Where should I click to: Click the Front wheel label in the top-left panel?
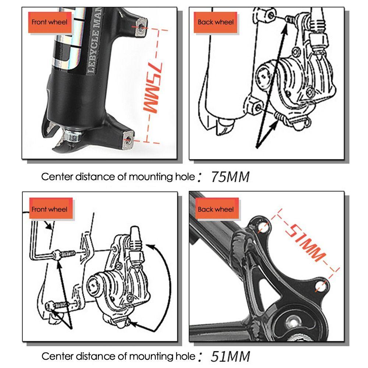(49, 22)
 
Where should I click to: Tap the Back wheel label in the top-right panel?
(216, 22)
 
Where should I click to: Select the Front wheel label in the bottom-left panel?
(49, 209)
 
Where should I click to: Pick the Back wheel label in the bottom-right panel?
(216, 209)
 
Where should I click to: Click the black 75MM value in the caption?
(230, 177)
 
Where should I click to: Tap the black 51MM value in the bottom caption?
(230, 356)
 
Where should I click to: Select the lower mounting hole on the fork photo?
(127, 139)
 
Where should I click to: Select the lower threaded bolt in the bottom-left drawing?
(59, 305)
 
